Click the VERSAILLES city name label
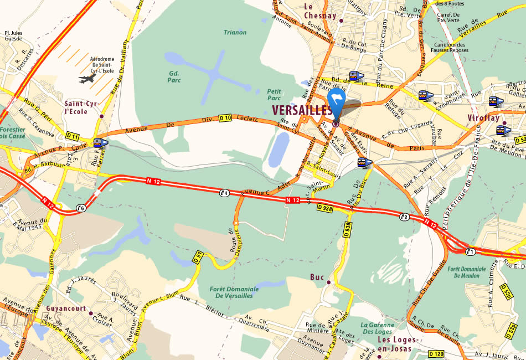[x=302, y=110]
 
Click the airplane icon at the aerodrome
[x=87, y=79]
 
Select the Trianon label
[x=235, y=32]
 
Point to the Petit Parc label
[x=274, y=94]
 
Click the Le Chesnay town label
[x=320, y=11]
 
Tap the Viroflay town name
[x=484, y=118]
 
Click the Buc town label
[x=317, y=277]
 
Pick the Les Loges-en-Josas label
[x=394, y=343]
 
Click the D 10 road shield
[x=225, y=118]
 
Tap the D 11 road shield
[x=72, y=136]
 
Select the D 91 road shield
[x=198, y=256]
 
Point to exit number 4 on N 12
[x=224, y=193]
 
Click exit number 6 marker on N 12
[x=81, y=208]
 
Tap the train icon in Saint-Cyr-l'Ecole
[x=101, y=143]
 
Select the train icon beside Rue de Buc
[x=364, y=163]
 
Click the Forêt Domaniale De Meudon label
[x=466, y=272]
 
